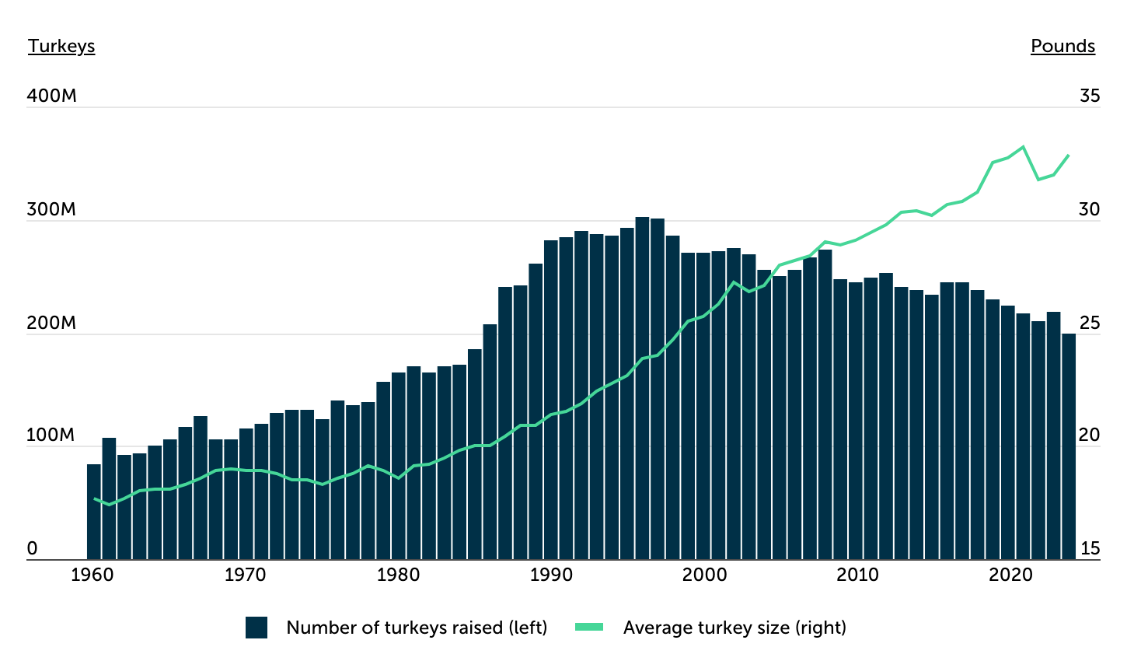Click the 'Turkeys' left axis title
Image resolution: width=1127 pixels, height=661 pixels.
[x=61, y=46]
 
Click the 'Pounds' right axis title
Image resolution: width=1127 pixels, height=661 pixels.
[x=1062, y=46]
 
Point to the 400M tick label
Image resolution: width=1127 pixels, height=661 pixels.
[x=51, y=96]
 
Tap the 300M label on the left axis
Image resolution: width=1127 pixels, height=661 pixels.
[x=51, y=209]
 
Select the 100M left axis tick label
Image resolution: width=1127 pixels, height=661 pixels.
[x=51, y=435]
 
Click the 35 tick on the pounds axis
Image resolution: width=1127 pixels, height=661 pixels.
[x=1090, y=96]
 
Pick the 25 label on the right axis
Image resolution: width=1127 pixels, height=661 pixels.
[x=1090, y=322]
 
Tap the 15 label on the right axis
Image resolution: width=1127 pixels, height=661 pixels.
[x=1090, y=548]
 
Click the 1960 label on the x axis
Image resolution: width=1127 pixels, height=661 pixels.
[x=92, y=575]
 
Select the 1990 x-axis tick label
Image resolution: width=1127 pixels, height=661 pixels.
[x=551, y=575]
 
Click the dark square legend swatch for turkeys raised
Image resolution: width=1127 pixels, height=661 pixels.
[x=256, y=628]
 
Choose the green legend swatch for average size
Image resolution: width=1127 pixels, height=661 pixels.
[x=589, y=628]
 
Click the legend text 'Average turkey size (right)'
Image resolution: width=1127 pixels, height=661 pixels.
[x=734, y=628]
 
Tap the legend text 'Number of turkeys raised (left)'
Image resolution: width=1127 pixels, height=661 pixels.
[x=417, y=628]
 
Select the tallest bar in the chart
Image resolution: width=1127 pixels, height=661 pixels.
[x=642, y=389]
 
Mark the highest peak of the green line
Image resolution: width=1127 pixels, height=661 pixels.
[x=1023, y=147]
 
